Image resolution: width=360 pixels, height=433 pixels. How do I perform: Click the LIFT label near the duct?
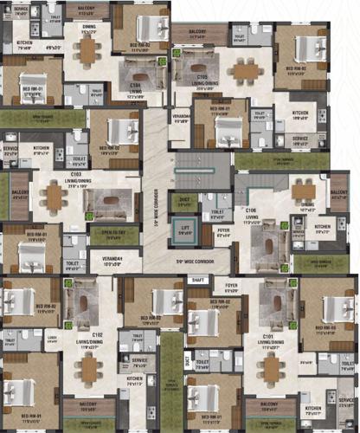[x=185, y=229]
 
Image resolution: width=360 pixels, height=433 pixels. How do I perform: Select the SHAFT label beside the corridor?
[x=198, y=280]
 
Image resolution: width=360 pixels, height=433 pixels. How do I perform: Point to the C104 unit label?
[x=136, y=86]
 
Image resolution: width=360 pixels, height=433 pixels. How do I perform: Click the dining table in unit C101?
[x=272, y=371]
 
